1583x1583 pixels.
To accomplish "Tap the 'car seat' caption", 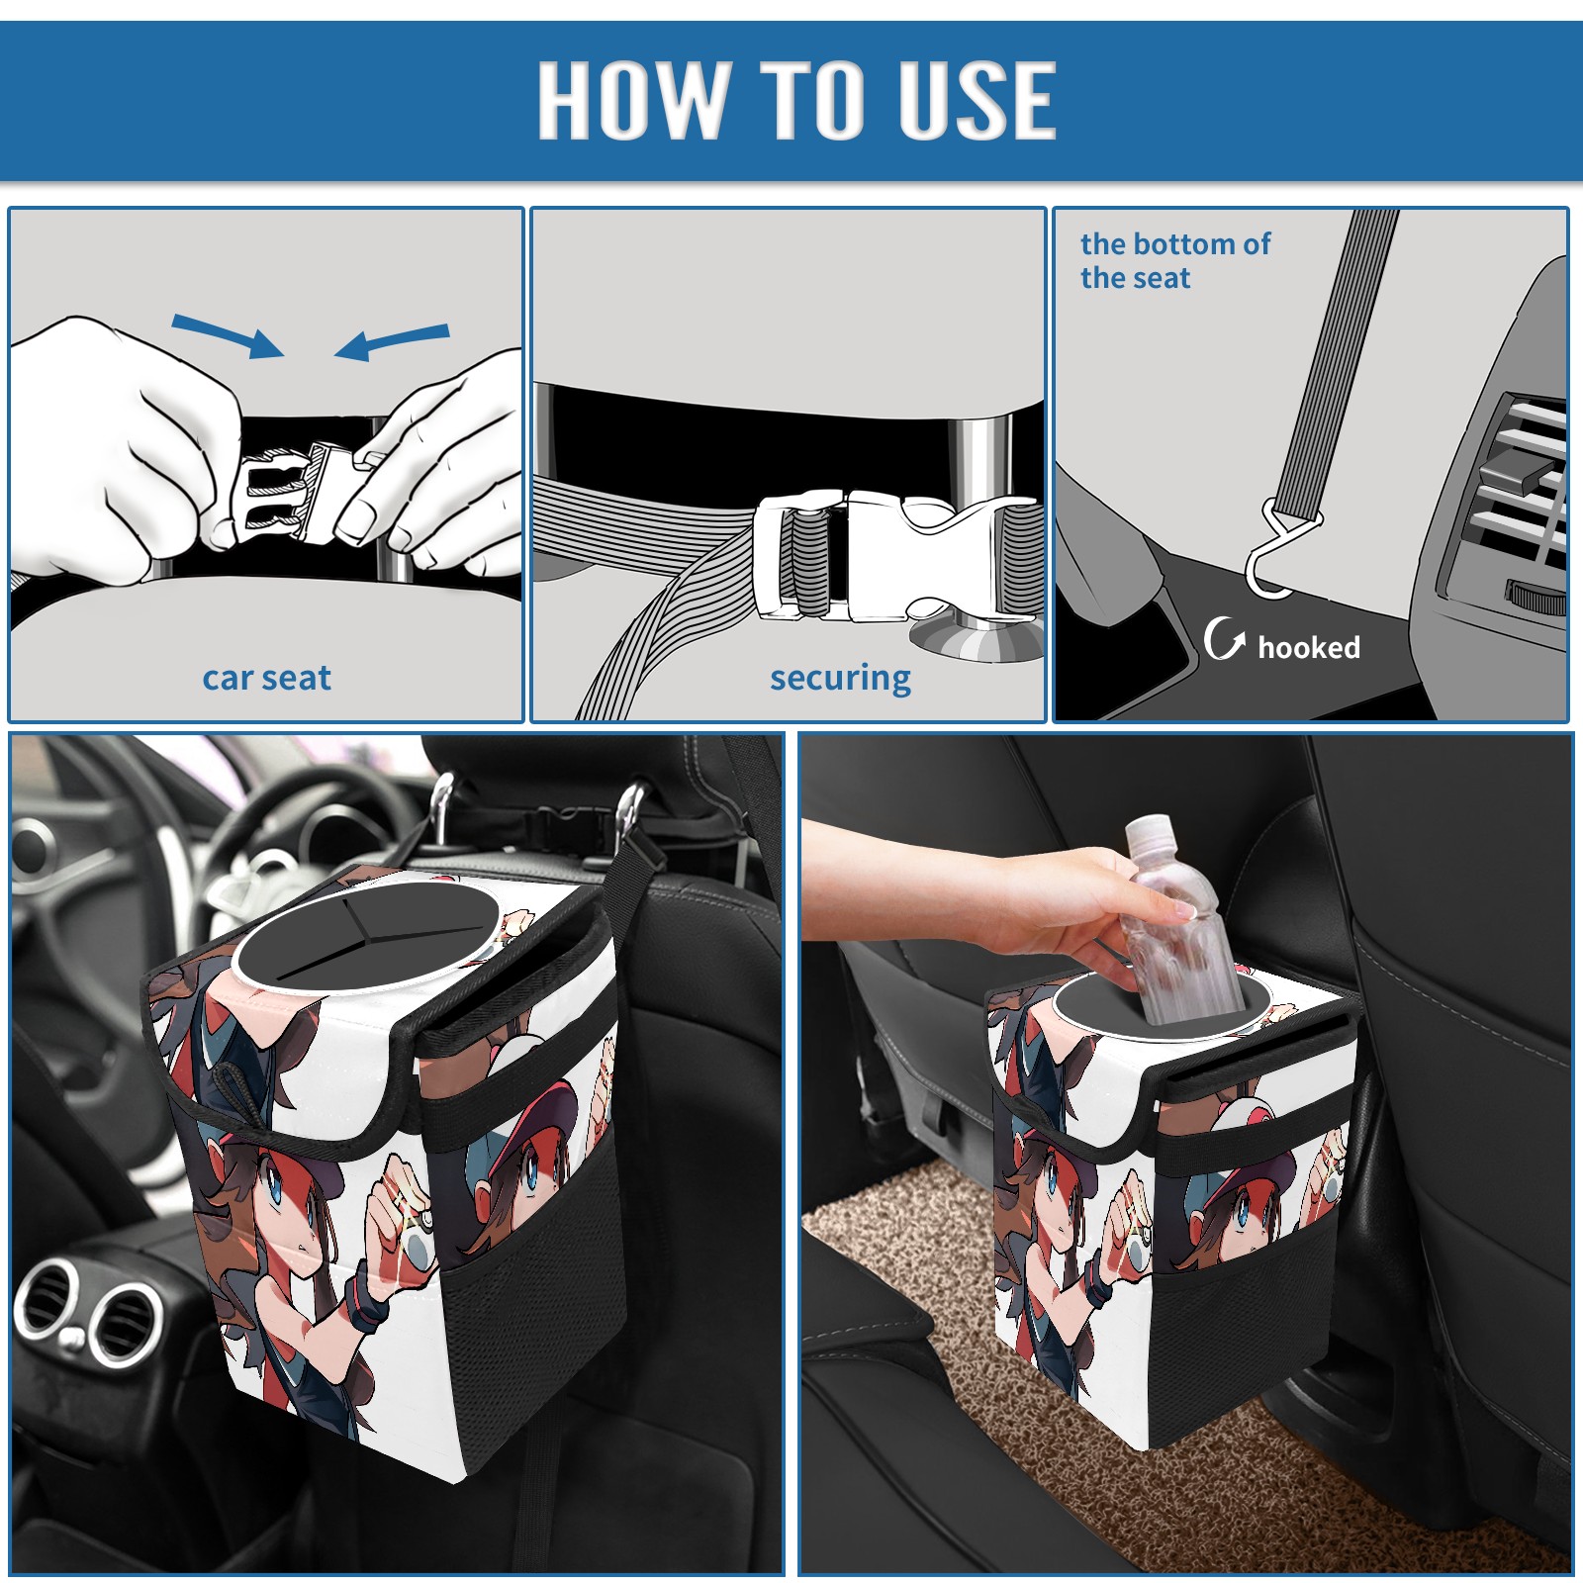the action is point(266,678).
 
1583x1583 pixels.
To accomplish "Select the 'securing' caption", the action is point(840,679).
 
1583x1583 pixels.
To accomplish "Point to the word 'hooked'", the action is point(1309,647).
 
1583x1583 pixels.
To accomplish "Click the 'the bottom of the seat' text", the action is point(1174,260).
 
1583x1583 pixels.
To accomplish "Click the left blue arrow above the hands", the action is point(228,335).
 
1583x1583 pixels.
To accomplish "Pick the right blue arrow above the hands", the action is point(392,342).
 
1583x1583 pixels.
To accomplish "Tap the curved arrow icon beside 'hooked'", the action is point(1223,638).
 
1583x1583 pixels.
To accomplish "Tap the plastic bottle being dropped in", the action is point(1179,920).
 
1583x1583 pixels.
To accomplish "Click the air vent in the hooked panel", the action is point(1514,495).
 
